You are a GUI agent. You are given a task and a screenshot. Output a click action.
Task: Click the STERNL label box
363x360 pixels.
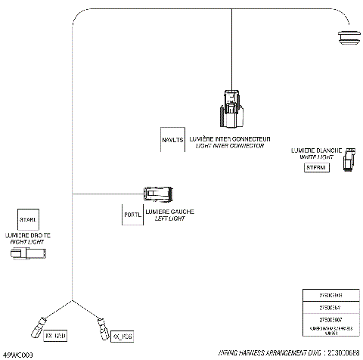click(x=315, y=167)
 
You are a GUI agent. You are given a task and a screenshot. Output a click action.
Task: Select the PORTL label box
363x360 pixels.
click(x=132, y=214)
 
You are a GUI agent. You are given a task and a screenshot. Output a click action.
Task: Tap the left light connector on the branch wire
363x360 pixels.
click(x=160, y=193)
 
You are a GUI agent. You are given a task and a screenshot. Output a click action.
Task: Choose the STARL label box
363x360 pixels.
click(x=28, y=219)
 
